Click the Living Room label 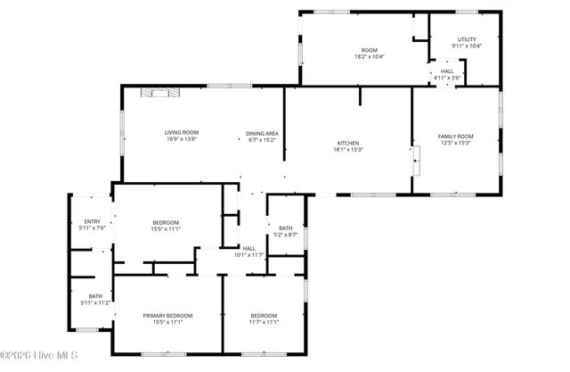pos(181,132)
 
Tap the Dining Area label pos(262,133)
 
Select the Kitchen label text pos(347,143)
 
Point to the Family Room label pos(455,136)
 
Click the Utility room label pos(468,39)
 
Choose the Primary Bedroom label pos(167,315)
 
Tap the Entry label pos(92,221)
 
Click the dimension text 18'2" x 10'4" pos(369,57)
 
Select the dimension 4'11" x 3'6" pos(447,78)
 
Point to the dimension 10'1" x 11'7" pos(249,255)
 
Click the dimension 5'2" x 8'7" pos(286,235)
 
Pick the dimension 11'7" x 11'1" pos(264,322)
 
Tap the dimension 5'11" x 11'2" pos(94,303)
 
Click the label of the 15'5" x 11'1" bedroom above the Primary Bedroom pos(167,222)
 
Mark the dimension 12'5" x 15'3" pos(455,143)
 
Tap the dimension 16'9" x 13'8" pos(181,139)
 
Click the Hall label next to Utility pos(447,71)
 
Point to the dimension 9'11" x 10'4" pos(468,45)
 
